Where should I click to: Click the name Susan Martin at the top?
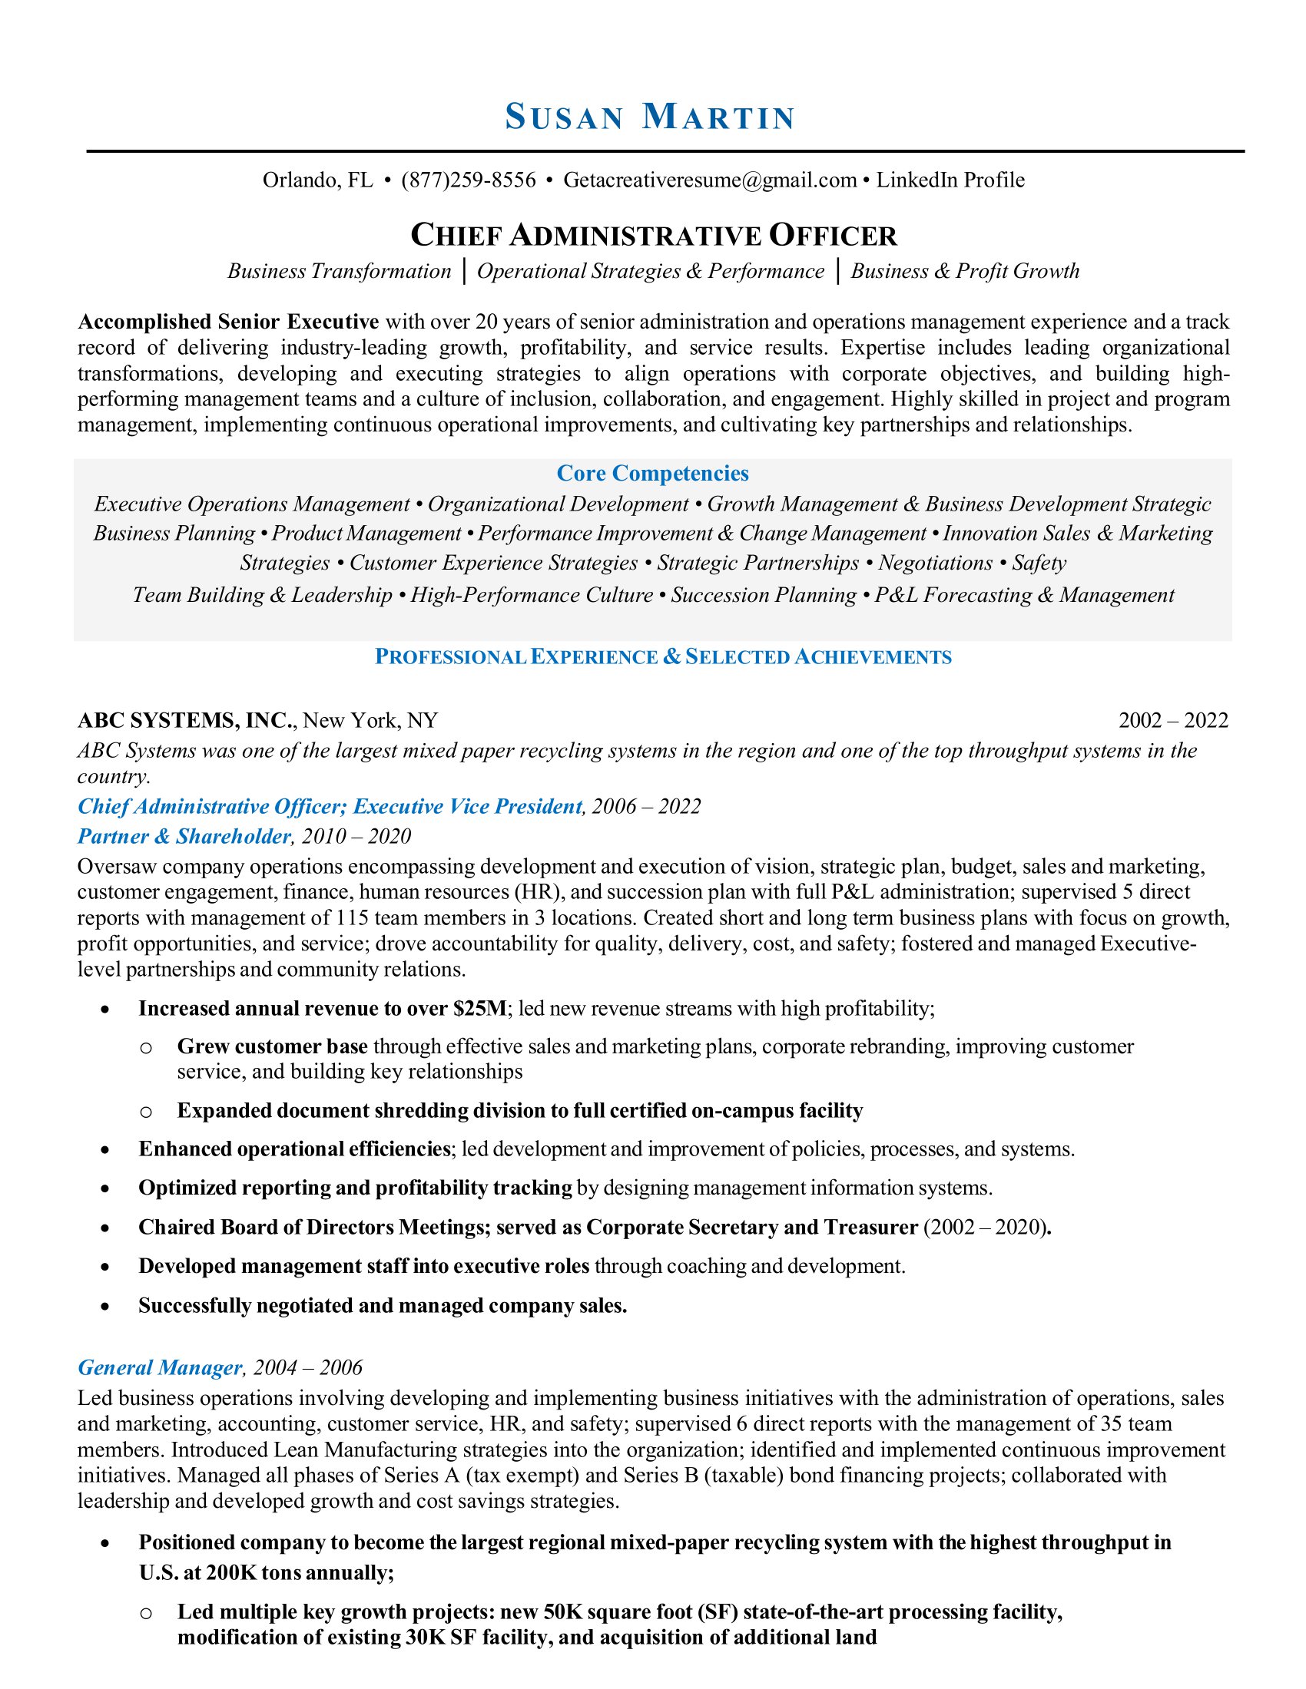tap(650, 117)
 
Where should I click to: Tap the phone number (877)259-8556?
tap(468, 180)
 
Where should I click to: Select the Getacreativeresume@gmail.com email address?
tap(710, 180)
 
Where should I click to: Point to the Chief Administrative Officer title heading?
tap(653, 235)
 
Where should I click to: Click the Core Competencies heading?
tap(652, 473)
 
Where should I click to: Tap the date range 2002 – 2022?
tap(1173, 721)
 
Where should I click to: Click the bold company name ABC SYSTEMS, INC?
tap(186, 721)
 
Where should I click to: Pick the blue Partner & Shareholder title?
tap(184, 836)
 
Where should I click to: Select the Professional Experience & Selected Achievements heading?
tap(663, 656)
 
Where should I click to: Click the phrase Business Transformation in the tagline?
tap(339, 271)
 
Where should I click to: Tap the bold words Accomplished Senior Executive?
tap(228, 322)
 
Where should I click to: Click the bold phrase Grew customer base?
tap(273, 1046)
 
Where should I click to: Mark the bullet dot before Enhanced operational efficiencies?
tap(104, 1150)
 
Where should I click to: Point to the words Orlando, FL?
tap(318, 180)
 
